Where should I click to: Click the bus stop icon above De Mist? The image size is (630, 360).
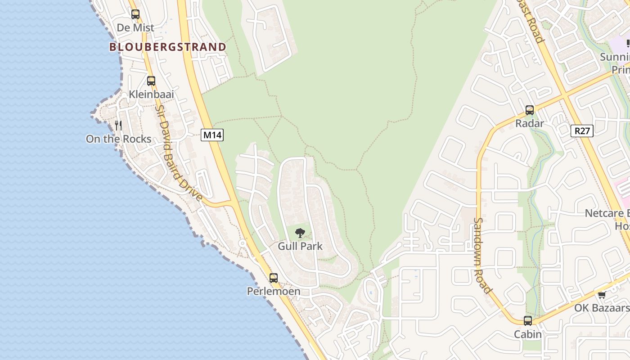(x=135, y=14)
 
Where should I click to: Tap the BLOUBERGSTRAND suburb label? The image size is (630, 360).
(x=167, y=47)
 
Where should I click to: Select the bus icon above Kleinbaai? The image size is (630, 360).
(x=151, y=81)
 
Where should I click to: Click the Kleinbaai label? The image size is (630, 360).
(x=151, y=94)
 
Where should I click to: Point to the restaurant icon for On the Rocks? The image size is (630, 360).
(x=118, y=125)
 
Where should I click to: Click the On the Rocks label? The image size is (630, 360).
(x=118, y=139)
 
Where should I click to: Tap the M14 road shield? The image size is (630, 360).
(x=212, y=135)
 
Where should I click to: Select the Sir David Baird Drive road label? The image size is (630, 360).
(x=179, y=153)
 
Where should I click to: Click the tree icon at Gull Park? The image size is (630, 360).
(x=300, y=233)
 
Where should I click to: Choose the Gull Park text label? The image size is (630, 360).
(x=300, y=246)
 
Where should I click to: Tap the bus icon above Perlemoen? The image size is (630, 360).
(x=274, y=278)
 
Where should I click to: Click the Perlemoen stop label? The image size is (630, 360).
(x=274, y=291)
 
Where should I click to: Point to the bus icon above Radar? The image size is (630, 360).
(x=530, y=110)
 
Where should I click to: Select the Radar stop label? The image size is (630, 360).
(x=530, y=123)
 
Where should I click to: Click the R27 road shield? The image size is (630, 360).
(x=582, y=131)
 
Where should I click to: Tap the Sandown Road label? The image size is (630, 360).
(x=481, y=255)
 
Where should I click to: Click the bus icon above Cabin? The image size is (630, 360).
(x=528, y=321)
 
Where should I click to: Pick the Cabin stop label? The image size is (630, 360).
(x=528, y=334)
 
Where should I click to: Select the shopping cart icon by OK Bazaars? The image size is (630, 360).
(x=602, y=295)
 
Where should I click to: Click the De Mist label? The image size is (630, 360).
(x=135, y=28)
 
